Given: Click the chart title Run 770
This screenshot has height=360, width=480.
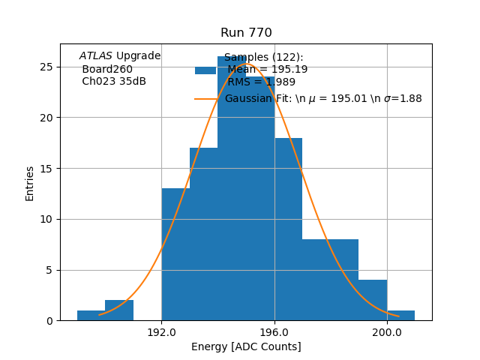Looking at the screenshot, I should (246, 33).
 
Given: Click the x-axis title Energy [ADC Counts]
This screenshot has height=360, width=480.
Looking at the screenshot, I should (246, 346).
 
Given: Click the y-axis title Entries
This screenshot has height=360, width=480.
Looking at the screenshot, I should (30, 183).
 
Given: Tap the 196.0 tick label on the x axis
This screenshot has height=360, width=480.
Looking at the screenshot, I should (274, 332).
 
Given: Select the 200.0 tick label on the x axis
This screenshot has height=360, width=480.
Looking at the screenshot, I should (387, 332).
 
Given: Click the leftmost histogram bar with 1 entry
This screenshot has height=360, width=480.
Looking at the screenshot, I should (91, 316).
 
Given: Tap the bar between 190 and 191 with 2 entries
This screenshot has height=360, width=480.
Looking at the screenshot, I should (119, 310).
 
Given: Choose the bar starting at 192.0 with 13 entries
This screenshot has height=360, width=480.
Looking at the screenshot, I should (175, 255).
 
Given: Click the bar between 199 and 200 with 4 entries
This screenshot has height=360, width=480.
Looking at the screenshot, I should (373, 300).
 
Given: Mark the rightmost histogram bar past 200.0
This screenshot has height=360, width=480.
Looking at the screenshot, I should (401, 316).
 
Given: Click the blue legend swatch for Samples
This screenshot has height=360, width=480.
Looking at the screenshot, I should (205, 70).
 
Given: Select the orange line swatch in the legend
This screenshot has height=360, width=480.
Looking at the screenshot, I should (205, 99).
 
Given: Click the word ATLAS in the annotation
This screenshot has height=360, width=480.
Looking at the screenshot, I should (95, 56).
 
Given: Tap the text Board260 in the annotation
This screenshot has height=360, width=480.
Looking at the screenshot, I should (107, 69).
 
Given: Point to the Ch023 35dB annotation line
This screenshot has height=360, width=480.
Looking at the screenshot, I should (114, 81).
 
